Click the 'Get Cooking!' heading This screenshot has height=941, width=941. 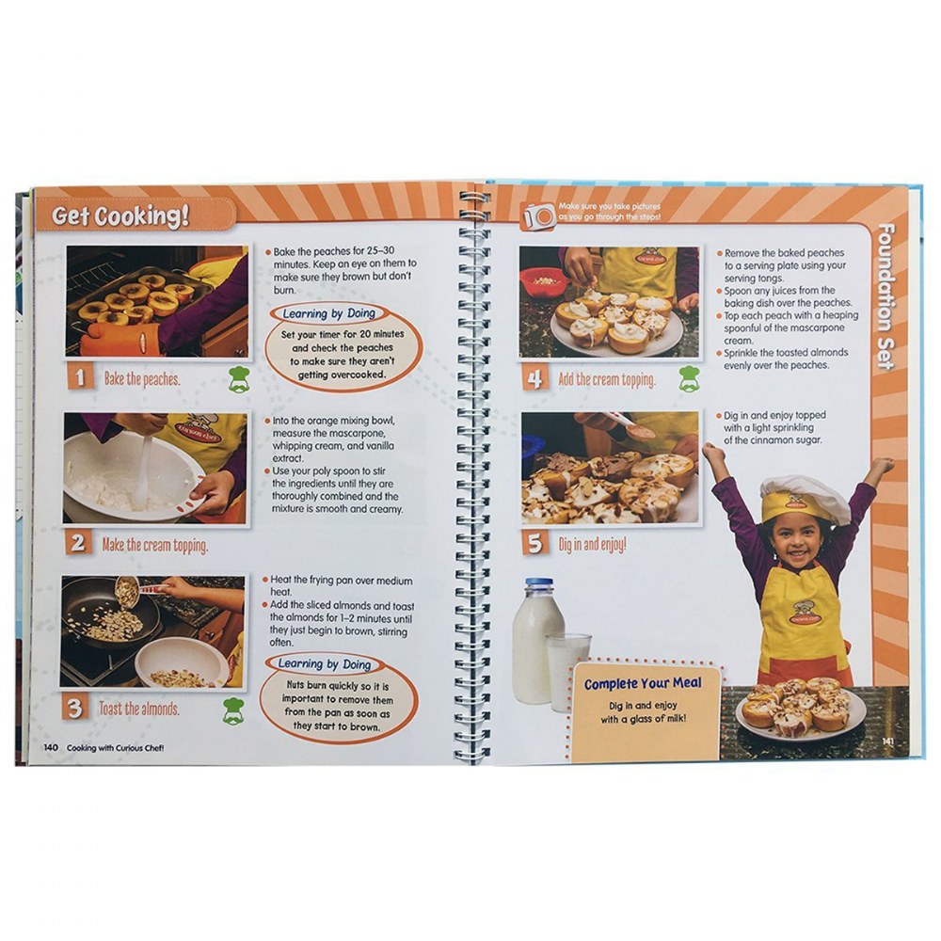pos(120,216)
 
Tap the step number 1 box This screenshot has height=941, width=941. pos(80,377)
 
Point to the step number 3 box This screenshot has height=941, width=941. pos(74,708)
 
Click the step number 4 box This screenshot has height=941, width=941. pos(534,378)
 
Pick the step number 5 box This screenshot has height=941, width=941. pos(534,544)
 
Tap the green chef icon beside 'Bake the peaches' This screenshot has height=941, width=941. pos(239,379)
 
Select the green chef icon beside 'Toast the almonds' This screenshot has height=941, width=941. pos(233,710)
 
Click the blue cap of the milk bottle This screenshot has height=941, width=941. pos(539,582)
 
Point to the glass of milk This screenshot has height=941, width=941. pos(566,671)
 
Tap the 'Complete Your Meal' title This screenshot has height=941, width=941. pos(643,683)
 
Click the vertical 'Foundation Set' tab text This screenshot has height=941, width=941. pos(885,296)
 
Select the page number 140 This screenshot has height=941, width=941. pos(51,747)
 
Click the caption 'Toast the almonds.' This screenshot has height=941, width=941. pos(139,709)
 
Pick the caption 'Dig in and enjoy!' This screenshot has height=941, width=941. pos(592,544)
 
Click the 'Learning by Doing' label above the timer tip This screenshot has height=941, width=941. pos(328,313)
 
